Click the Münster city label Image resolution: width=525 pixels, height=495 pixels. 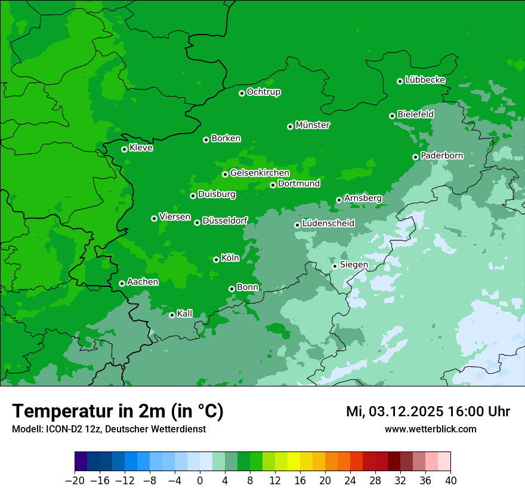pyautogui.click(x=313, y=125)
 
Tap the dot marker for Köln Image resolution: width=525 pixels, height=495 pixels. pyautogui.click(x=216, y=259)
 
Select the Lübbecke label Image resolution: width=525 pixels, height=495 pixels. pyautogui.click(x=425, y=80)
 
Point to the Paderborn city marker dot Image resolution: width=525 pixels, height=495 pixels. pyautogui.click(x=415, y=157)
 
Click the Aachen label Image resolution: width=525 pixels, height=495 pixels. pyautogui.click(x=143, y=282)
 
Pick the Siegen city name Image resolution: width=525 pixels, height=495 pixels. pyautogui.click(x=354, y=265)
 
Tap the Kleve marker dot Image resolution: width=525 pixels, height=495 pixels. pyautogui.click(x=124, y=149)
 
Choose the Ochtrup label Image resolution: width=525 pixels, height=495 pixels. pyautogui.click(x=264, y=92)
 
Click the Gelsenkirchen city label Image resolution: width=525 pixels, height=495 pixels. pyautogui.click(x=260, y=173)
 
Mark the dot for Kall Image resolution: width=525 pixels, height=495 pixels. pyautogui.click(x=172, y=315)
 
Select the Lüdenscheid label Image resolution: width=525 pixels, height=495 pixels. pyautogui.click(x=328, y=224)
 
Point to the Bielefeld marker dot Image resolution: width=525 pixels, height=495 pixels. pyautogui.click(x=392, y=116)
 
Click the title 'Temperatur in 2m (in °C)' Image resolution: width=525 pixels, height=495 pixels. pyautogui.click(x=118, y=411)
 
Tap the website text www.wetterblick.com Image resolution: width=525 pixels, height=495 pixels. pyautogui.click(x=430, y=429)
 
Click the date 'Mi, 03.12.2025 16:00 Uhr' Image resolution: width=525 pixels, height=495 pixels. pyautogui.click(x=428, y=412)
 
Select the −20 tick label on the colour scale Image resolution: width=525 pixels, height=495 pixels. pyautogui.click(x=75, y=480)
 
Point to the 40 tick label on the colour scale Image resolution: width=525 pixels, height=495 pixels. pyautogui.click(x=450, y=480)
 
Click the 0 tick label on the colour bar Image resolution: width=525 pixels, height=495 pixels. pyautogui.click(x=200, y=480)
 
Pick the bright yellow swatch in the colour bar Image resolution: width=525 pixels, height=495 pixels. pyautogui.click(x=294, y=462)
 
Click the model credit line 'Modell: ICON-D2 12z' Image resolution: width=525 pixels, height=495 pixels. pyautogui.click(x=109, y=429)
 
